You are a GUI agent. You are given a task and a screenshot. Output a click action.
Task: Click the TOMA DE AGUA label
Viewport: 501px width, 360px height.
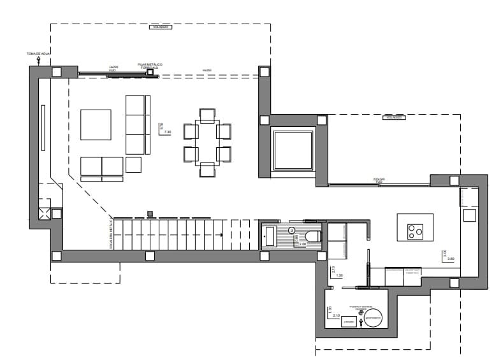coord(38,54)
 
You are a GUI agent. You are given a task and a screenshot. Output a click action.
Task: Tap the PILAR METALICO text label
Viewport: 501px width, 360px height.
coord(150,64)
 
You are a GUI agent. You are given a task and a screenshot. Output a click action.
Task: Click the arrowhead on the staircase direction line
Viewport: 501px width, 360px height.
coord(221,235)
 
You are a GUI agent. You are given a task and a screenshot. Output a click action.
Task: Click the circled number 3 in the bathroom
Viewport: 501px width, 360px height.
coord(291,229)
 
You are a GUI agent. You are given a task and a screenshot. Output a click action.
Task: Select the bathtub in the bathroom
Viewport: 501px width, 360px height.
coord(270,237)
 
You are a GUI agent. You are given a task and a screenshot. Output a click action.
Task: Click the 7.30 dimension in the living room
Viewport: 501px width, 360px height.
coord(168,132)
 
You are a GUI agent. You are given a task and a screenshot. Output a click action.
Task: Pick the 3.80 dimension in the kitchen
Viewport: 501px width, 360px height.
coord(451,259)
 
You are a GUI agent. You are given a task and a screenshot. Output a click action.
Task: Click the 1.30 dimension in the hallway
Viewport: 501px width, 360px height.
coord(338,275)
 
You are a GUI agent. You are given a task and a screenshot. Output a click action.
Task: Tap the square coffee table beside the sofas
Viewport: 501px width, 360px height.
coord(96,125)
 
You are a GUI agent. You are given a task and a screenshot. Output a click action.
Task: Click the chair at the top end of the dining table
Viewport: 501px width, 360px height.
coord(207,115)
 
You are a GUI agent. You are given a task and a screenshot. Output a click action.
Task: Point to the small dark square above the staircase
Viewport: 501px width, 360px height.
coord(150,213)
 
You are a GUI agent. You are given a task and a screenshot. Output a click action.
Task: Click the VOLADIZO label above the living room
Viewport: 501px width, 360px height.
coord(160,27)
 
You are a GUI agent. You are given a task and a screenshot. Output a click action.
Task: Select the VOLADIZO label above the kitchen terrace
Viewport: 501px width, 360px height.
coord(393,118)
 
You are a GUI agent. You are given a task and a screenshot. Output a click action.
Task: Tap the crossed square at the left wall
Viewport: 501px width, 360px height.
coord(45,213)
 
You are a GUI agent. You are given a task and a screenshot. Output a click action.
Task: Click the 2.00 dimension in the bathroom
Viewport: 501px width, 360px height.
coord(302,244)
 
